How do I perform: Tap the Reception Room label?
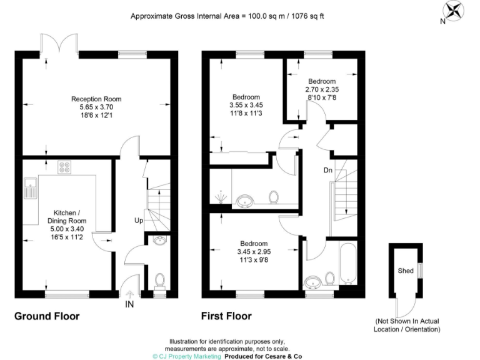pos(96,99)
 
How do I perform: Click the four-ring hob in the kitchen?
pos(64,167)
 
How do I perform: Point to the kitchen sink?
pos(30,187)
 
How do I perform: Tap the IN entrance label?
pos(129,304)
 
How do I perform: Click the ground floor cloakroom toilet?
pos(159,281)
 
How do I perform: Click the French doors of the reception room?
pos(60,44)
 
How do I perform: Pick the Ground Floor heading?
pos(47,316)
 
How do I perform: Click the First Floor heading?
pos(226,316)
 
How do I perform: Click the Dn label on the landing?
pos(327,170)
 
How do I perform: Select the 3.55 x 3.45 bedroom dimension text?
pos(246,106)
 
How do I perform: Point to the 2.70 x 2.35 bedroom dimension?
pos(322,90)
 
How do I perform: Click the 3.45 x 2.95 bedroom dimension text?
pos(254,252)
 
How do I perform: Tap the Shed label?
pos(406,271)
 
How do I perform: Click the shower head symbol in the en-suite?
pos(220,199)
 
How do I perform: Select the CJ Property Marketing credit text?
pos(187,356)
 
